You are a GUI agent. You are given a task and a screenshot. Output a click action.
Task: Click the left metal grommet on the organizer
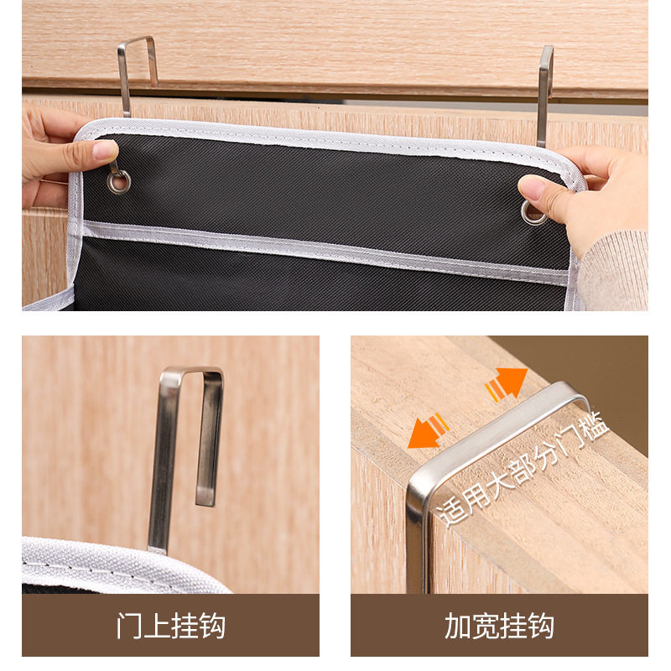pos(119,180)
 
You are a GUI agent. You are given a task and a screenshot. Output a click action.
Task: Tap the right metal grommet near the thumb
pos(532,212)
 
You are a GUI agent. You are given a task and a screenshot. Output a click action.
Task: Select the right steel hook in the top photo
pos(544,92)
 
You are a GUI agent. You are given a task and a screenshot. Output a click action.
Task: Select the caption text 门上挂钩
pos(170,626)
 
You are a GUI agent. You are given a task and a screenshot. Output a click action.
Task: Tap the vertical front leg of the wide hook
pos(417,537)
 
